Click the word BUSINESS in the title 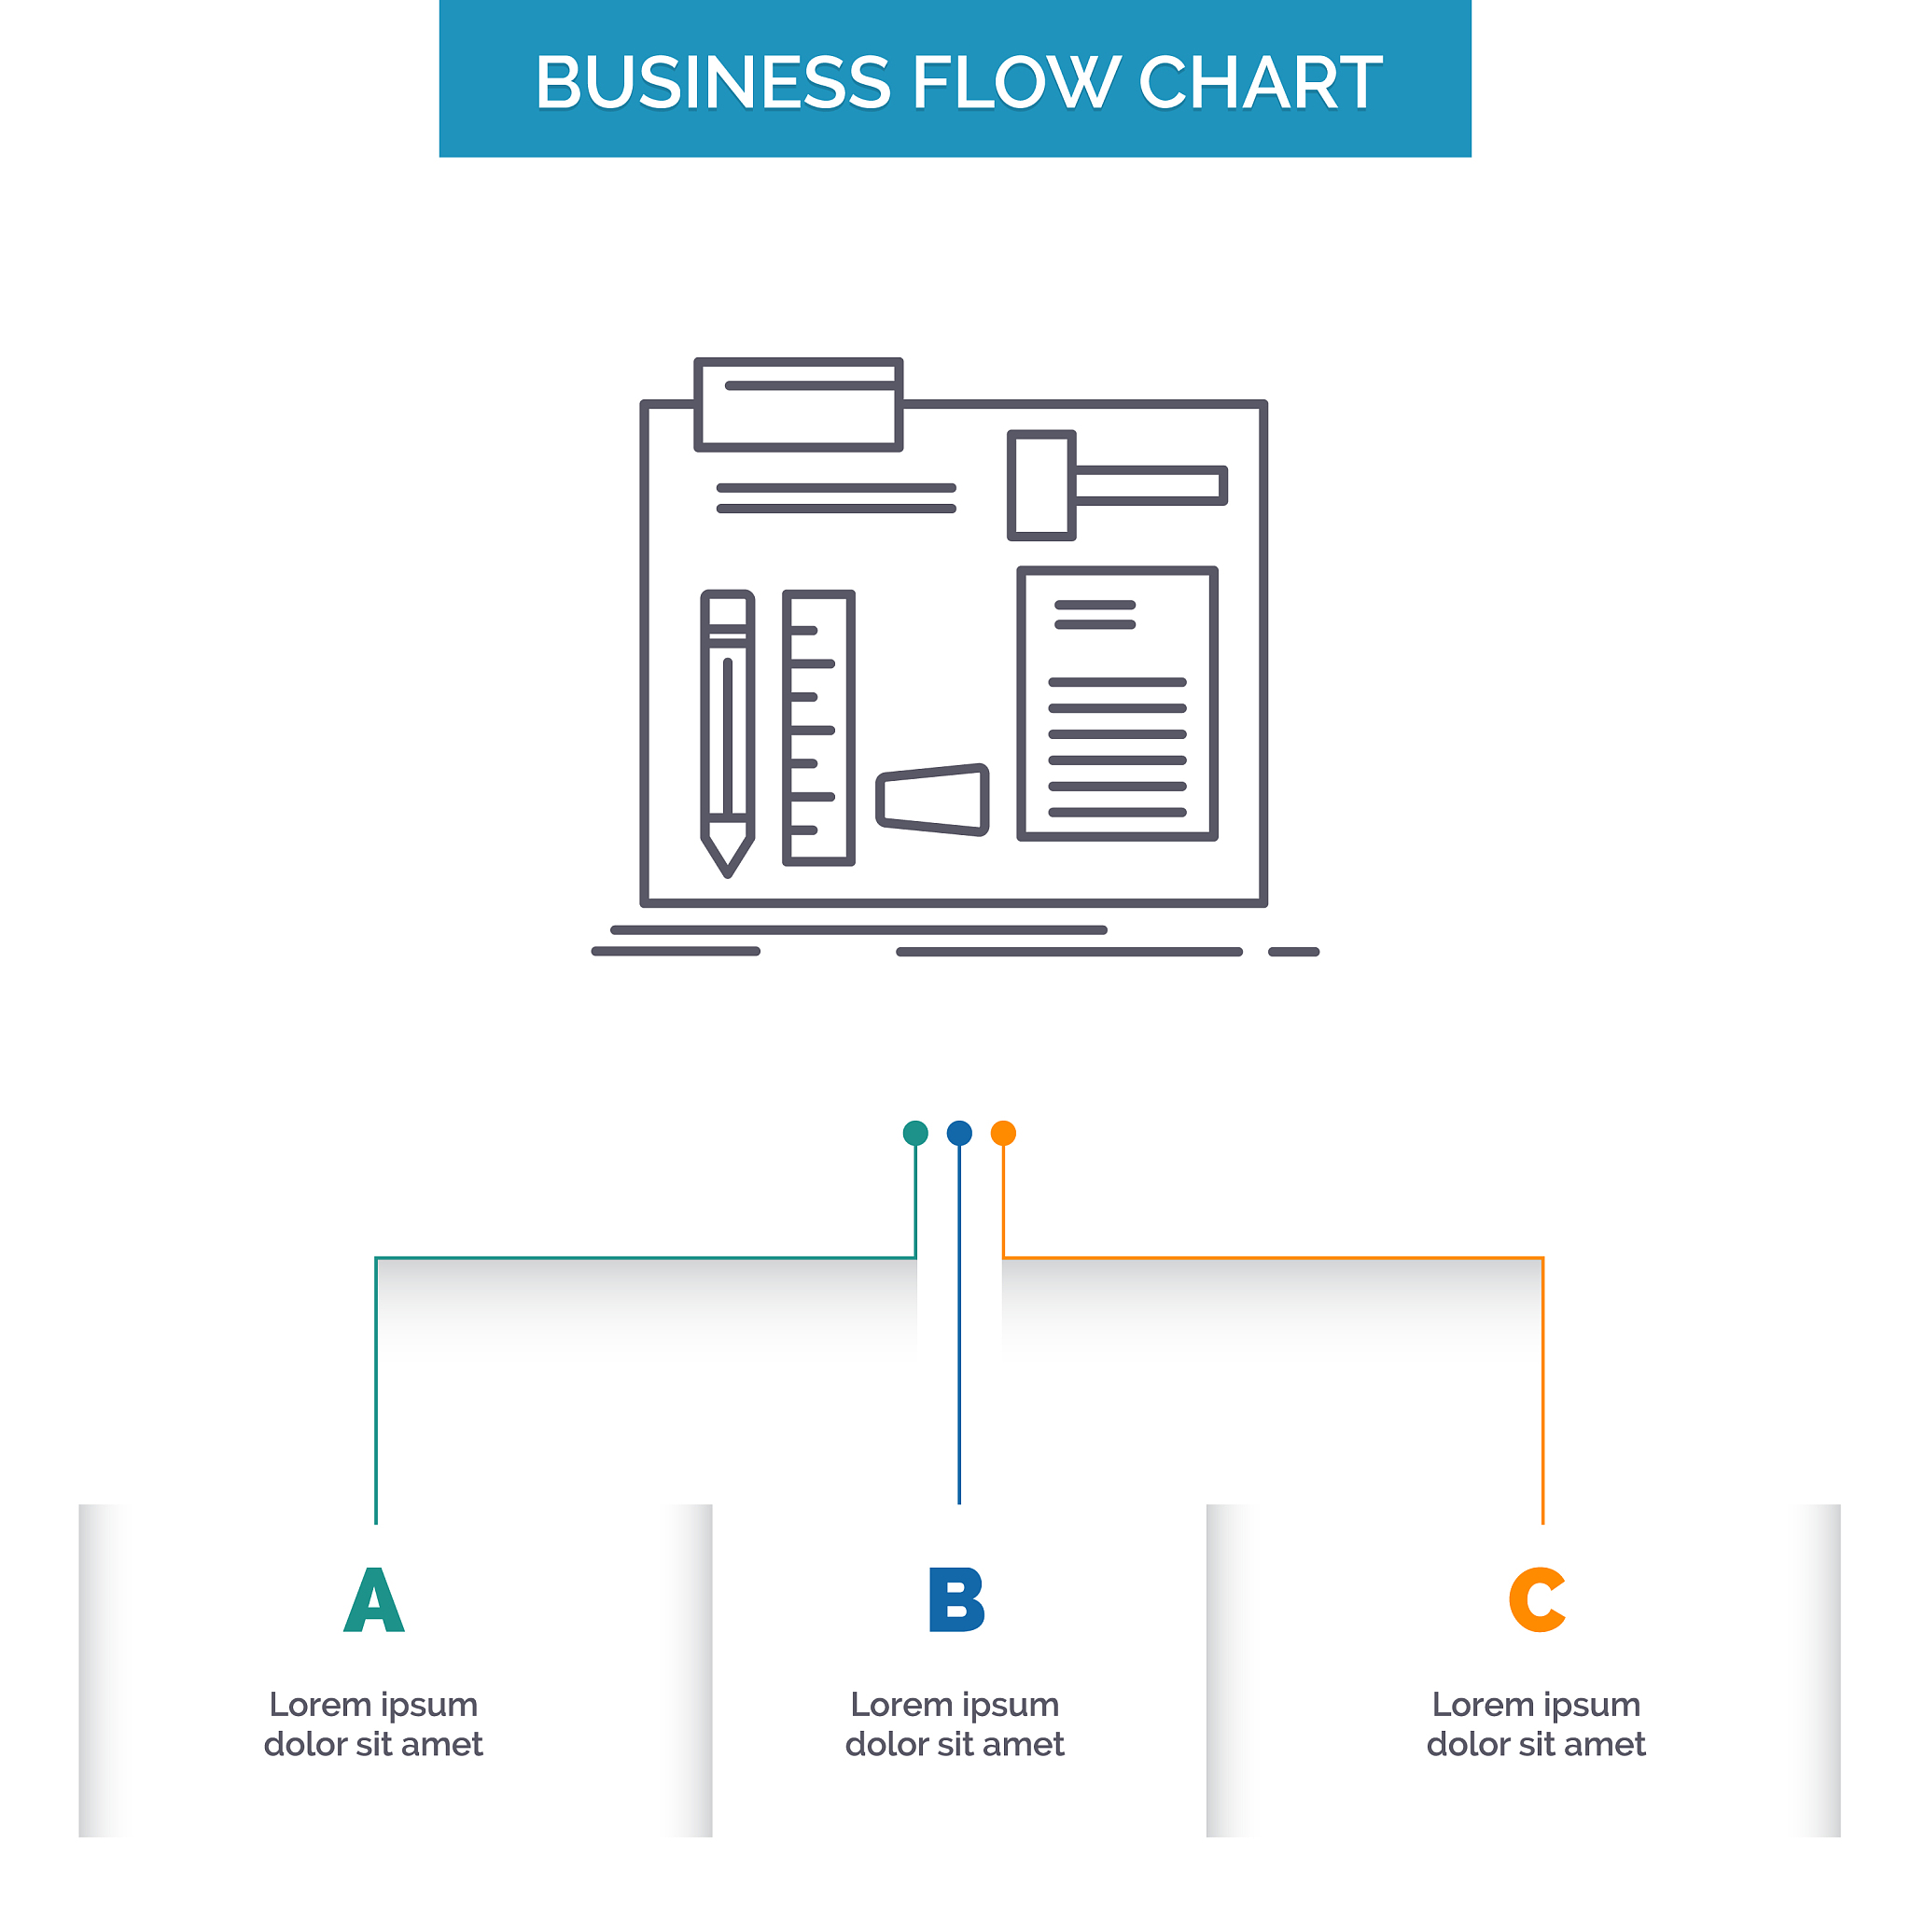[x=712, y=82]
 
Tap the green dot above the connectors [x=916, y=1133]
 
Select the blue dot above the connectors [x=959, y=1133]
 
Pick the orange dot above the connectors [x=1003, y=1133]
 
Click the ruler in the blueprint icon [x=819, y=728]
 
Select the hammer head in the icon [x=1041, y=485]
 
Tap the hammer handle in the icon [x=1150, y=485]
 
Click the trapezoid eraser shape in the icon [x=933, y=801]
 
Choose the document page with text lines [x=1118, y=704]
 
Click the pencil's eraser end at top [x=728, y=608]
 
